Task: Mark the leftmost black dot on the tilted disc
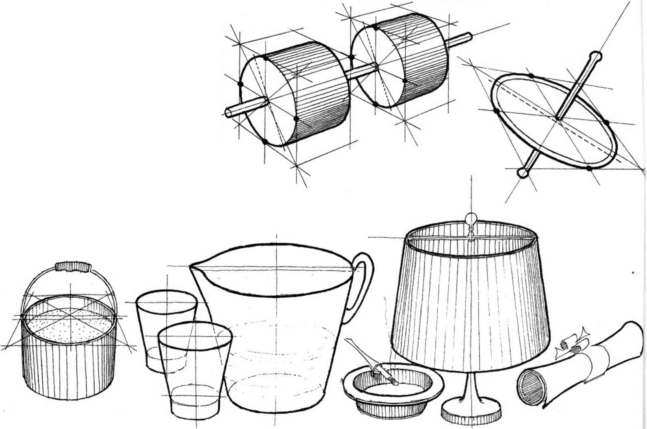(x=495, y=110)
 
